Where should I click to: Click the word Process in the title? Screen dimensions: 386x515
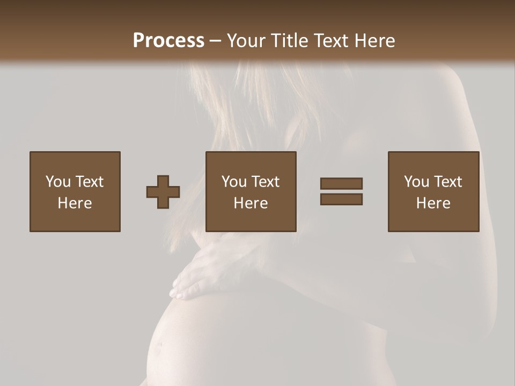pyautogui.click(x=168, y=41)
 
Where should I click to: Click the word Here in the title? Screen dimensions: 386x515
pyautogui.click(x=376, y=41)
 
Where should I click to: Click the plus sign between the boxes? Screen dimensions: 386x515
pyautogui.click(x=163, y=192)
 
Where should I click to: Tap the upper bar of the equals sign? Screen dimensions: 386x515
pyautogui.click(x=341, y=183)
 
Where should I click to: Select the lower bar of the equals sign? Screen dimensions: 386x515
pyautogui.click(x=341, y=199)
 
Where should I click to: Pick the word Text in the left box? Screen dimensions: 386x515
pyautogui.click(x=89, y=182)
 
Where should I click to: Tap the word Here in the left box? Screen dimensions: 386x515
pyautogui.click(x=75, y=203)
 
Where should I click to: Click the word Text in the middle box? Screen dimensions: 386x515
pyautogui.click(x=265, y=182)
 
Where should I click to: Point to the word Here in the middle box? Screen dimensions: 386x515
pyautogui.click(x=251, y=203)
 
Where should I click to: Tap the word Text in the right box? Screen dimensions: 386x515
pyautogui.click(x=447, y=182)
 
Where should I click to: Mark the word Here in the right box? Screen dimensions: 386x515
pyautogui.click(x=433, y=203)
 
